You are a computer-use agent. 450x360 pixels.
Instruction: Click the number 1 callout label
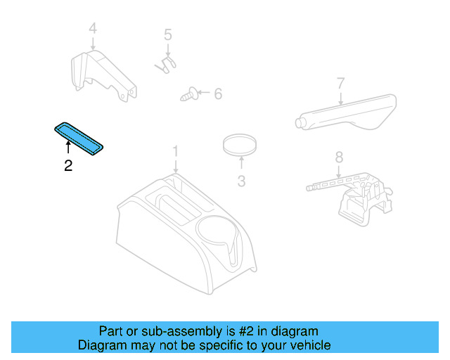point(176,151)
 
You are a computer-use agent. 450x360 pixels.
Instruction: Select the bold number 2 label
point(67,166)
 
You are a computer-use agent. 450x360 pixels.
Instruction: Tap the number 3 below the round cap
point(241,181)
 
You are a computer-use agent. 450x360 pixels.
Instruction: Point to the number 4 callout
point(92,29)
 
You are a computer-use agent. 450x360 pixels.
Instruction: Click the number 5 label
point(167,34)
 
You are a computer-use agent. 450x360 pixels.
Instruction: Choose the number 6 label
point(217,94)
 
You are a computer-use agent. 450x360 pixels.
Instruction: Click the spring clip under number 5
point(165,64)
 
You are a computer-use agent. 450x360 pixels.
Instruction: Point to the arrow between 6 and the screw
point(202,93)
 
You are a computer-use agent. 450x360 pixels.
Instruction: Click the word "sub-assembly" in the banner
point(172,331)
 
